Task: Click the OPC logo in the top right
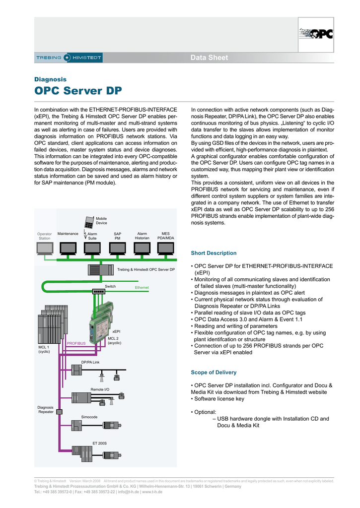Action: pyautogui.click(x=316, y=34)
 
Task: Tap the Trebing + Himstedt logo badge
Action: pyautogui.click(x=69, y=58)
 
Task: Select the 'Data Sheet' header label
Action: pyautogui.click(x=209, y=58)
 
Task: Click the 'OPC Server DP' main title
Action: pyautogui.click(x=78, y=91)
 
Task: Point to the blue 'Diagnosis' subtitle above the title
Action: pyautogui.click(x=50, y=79)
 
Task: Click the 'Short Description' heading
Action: pyautogui.click(x=214, y=253)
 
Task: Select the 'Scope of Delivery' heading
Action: pyautogui.click(x=214, y=372)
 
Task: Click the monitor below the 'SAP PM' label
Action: pyautogui.click(x=118, y=248)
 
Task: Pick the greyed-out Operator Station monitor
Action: pyautogui.click(x=45, y=248)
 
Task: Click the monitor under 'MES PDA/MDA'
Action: pyautogui.click(x=166, y=248)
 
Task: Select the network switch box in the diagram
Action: pyautogui.click(x=99, y=292)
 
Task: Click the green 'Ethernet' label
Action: pyautogui.click(x=142, y=288)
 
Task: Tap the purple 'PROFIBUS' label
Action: pyautogui.click(x=76, y=343)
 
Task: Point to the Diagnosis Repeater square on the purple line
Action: pyautogui.click(x=59, y=412)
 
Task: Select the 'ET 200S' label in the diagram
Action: pyautogui.click(x=99, y=443)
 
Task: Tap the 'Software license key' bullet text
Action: pyautogui.click(x=219, y=398)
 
